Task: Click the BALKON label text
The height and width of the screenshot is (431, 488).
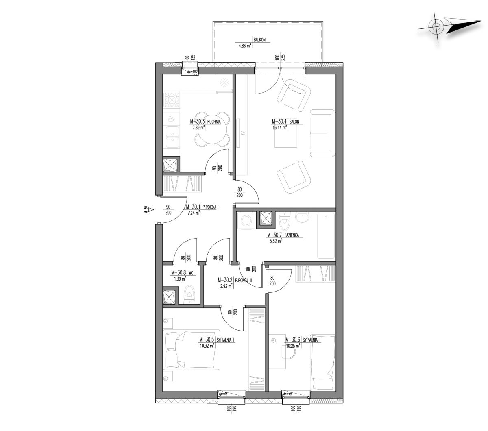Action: [259, 40]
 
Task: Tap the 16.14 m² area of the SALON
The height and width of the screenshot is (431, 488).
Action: [279, 128]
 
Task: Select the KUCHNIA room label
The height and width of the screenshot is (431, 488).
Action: [214, 122]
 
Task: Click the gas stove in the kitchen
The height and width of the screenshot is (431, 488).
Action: [172, 100]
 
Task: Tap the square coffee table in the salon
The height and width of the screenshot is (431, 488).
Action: [286, 137]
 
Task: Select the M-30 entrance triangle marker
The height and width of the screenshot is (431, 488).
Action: [151, 209]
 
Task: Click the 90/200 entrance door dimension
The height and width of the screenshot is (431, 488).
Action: [168, 209]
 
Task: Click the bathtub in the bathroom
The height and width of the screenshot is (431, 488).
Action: [326, 236]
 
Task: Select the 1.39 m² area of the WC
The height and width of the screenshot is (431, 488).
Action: [180, 279]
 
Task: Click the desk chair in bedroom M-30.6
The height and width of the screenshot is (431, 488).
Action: [289, 352]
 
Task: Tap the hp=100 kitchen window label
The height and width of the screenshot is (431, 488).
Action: [192, 72]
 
